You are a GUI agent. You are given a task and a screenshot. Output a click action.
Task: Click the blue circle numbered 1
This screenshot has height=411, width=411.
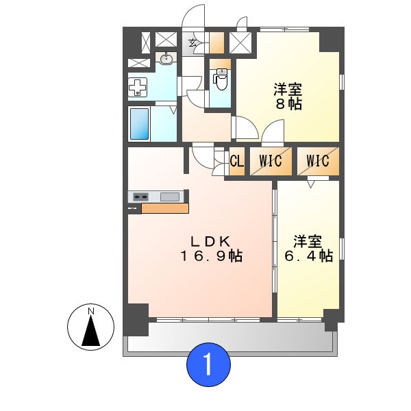[209, 364]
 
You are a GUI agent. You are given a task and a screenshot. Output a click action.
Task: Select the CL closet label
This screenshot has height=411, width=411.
[237, 162]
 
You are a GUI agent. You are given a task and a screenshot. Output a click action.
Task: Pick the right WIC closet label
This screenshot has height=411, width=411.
[318, 162]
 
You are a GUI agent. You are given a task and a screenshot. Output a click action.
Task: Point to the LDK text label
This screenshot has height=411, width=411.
[210, 241]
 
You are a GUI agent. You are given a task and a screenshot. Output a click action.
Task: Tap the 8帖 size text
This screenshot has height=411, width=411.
[288, 105]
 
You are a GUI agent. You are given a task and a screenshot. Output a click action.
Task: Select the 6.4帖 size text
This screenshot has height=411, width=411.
[309, 257]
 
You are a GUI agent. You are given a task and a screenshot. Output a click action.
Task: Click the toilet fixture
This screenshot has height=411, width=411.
[221, 81]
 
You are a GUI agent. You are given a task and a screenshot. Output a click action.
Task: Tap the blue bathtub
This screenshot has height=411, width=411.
[139, 123]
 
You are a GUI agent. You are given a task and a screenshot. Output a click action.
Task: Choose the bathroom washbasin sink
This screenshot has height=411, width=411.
[166, 59]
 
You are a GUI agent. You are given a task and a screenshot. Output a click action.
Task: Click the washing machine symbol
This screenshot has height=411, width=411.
[138, 87]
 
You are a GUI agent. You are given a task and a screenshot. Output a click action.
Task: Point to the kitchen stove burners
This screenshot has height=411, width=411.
[140, 197]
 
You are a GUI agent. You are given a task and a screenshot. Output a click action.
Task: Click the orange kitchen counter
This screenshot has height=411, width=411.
[164, 208]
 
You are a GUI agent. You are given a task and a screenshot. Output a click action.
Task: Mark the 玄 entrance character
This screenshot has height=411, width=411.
[194, 43]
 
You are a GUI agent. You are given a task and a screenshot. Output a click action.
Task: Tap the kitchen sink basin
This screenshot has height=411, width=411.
[170, 197]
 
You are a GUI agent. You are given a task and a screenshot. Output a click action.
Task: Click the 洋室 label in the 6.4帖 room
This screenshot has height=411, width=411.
[308, 242]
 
